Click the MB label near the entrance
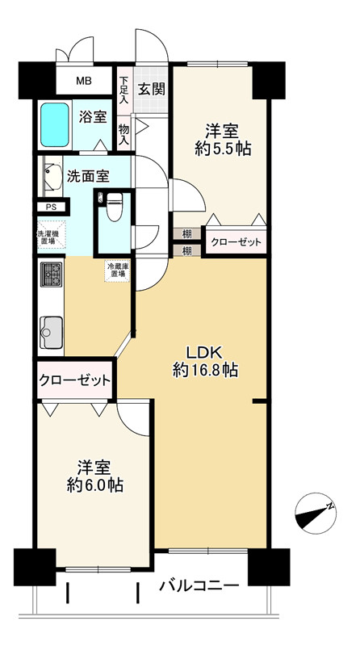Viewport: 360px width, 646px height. click(x=84, y=81)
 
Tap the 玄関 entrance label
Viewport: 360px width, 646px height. click(x=152, y=88)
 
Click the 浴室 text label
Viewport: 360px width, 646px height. click(x=92, y=117)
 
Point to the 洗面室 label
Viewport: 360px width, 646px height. click(x=86, y=175)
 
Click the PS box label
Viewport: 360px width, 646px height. click(x=51, y=207)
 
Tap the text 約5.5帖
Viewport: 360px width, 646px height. click(x=220, y=149)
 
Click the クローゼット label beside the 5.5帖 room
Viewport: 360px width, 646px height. click(x=237, y=241)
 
